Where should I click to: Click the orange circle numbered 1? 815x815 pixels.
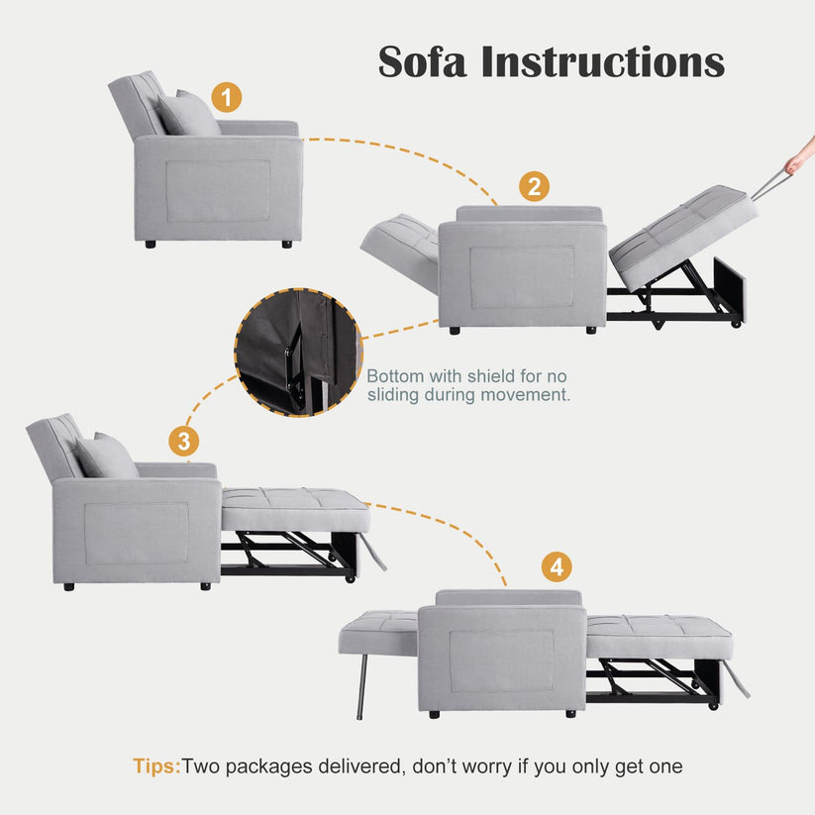226,97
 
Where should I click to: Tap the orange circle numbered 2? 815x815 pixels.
534,186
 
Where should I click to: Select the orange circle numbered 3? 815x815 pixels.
184,442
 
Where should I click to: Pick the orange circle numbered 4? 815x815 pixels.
557,566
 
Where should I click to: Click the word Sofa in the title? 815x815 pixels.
422,61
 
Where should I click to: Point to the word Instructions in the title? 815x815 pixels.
603,61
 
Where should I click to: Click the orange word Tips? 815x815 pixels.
155,766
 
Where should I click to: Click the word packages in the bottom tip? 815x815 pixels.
268,767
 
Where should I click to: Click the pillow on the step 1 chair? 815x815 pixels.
189,113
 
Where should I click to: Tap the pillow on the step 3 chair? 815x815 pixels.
107,456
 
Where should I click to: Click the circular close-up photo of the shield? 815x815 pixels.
298,353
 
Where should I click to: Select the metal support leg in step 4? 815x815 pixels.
361,686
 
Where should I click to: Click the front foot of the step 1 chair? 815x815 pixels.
286,244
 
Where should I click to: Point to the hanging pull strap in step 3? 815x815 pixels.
373,552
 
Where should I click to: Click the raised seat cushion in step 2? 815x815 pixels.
683,237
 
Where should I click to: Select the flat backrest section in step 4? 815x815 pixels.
378,632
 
